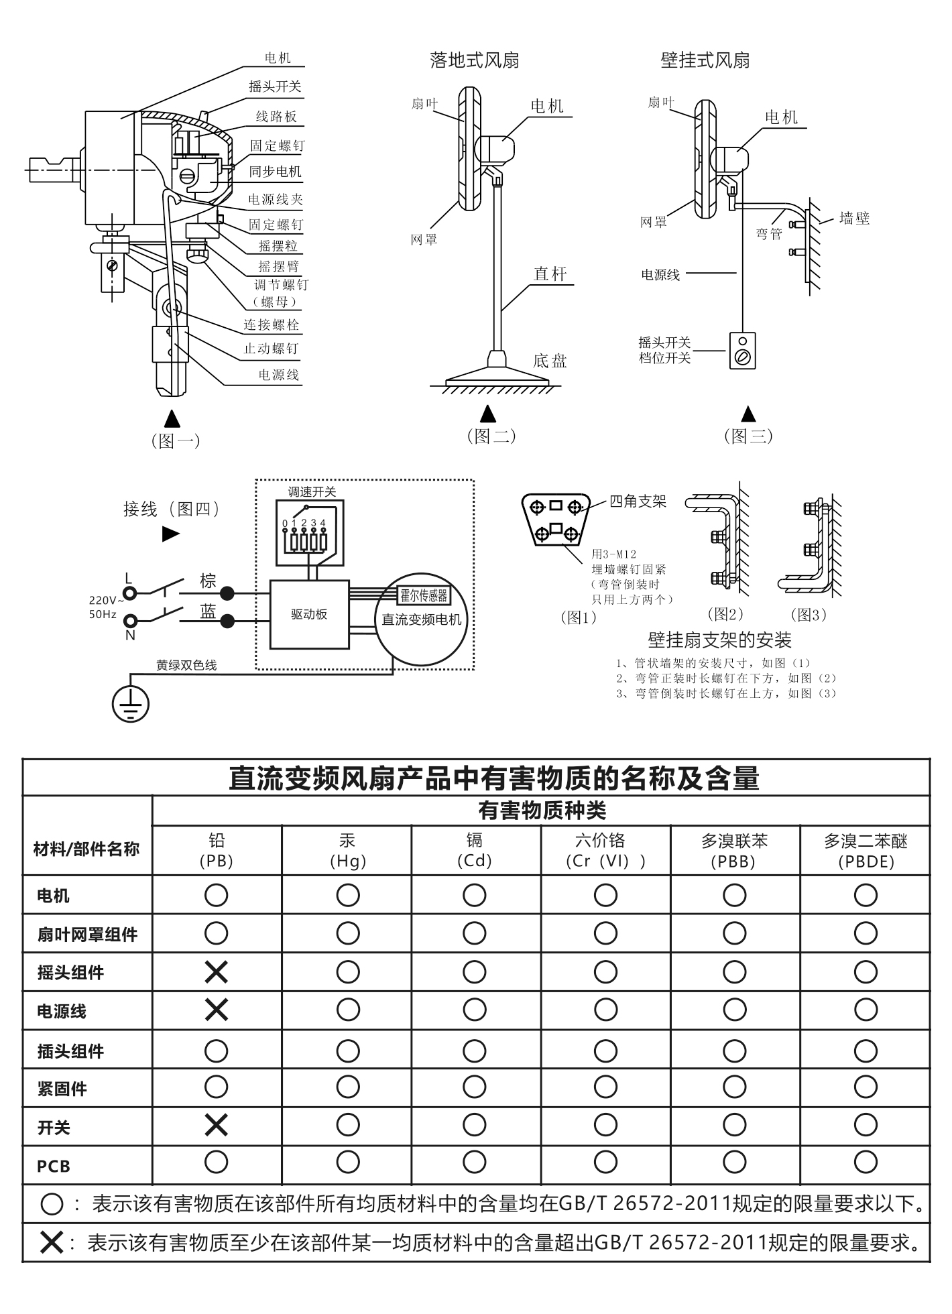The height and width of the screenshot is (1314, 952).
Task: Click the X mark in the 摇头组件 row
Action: click(216, 971)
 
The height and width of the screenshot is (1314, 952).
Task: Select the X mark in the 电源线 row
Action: click(216, 1009)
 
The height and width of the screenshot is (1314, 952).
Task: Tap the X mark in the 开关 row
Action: click(216, 1125)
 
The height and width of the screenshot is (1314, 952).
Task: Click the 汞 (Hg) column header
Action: click(347, 850)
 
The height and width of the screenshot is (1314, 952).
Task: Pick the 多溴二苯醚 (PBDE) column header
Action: click(865, 850)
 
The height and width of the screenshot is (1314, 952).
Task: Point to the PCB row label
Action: click(54, 1166)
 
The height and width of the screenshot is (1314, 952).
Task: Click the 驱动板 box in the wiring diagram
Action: click(309, 614)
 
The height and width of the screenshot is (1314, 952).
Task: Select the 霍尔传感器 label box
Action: click(424, 595)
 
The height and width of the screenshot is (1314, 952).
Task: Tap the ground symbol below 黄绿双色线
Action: click(130, 705)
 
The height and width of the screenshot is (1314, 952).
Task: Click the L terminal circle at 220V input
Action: click(130, 593)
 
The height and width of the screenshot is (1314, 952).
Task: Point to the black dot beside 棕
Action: click(228, 593)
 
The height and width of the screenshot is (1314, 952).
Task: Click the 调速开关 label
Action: click(312, 491)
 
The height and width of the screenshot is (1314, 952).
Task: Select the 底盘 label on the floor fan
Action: click(550, 361)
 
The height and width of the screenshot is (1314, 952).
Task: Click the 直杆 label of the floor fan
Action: click(550, 274)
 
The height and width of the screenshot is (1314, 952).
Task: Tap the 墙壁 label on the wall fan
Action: click(854, 218)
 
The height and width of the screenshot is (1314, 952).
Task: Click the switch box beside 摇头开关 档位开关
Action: click(742, 351)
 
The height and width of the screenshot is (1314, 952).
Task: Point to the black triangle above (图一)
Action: click(172, 418)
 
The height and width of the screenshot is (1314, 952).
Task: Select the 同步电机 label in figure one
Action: click(275, 171)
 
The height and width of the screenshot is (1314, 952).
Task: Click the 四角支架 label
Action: click(638, 501)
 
